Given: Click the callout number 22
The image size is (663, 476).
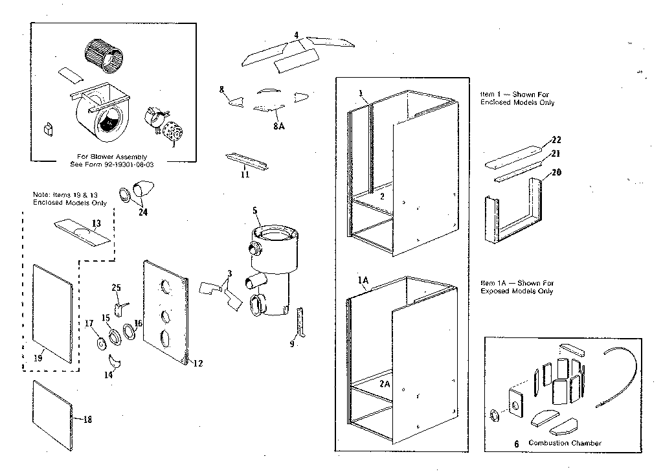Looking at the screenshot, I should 556,140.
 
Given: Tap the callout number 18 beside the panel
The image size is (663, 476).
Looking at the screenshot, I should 87,420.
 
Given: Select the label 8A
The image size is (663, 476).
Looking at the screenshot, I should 278,126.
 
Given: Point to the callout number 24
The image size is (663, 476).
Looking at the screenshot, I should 142,212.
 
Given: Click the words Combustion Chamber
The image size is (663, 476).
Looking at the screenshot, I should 565,443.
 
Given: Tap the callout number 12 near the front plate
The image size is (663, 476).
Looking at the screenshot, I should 197,363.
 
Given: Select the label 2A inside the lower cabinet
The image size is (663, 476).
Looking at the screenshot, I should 385,383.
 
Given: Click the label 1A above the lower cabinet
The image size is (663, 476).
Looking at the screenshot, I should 363,280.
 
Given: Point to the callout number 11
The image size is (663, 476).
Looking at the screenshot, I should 244,174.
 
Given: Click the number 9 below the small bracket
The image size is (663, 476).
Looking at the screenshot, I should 293,345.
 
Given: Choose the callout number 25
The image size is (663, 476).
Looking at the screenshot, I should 117,288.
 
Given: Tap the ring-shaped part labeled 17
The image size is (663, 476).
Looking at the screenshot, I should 102,342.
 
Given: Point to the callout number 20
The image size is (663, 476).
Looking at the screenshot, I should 556,173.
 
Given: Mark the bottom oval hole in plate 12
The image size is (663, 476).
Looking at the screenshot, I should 164,337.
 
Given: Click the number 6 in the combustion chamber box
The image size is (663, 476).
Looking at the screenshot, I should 516,444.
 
